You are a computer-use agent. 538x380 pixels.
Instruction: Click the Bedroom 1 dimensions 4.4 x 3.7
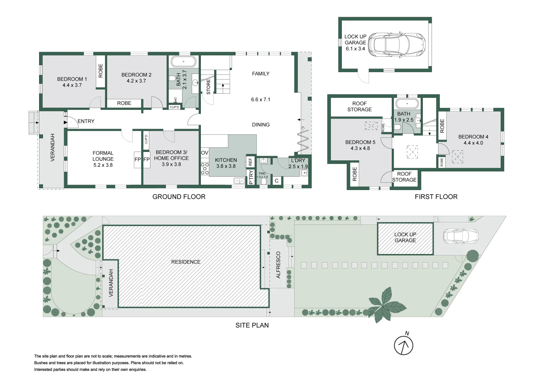point(72,85)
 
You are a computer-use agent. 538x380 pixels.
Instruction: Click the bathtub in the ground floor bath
point(184,62)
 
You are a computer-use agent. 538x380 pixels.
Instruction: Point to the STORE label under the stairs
point(208,87)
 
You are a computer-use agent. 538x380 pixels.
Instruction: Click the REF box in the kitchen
point(251,162)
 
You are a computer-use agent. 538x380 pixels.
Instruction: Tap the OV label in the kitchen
point(205,153)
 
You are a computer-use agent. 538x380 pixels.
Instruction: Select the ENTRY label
point(86,121)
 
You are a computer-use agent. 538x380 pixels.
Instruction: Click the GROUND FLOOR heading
point(179,197)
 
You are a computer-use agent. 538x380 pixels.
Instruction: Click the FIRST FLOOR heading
point(436,197)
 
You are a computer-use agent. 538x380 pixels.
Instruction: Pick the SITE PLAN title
point(252,325)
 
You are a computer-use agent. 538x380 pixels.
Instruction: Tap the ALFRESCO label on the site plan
point(278,265)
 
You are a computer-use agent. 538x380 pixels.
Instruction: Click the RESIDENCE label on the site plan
point(186,262)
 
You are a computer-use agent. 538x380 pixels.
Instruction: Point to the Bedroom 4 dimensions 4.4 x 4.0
point(473,143)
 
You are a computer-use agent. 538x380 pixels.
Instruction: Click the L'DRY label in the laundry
point(298,160)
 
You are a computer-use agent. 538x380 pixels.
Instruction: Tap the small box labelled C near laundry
point(277,181)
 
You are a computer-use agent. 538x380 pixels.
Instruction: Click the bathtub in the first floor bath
point(407,104)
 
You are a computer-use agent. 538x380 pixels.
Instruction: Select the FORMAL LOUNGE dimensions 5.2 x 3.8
point(103,165)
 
